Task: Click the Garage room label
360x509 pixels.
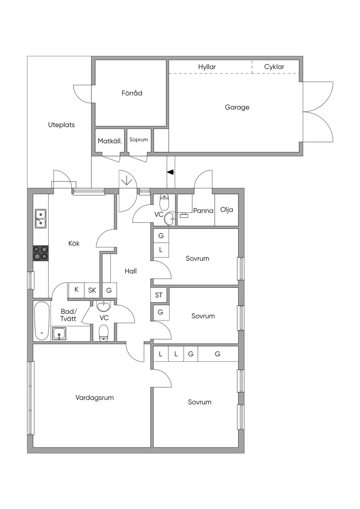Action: (237, 107)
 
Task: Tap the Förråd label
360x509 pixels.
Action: (132, 93)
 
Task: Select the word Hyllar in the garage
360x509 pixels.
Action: (207, 67)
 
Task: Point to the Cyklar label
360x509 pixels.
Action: (274, 67)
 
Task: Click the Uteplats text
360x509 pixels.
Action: (62, 125)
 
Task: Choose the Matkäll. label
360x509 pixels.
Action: (110, 141)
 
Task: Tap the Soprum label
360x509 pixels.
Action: (139, 140)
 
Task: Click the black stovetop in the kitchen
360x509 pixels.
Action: (41, 253)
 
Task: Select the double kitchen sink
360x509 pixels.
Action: (41, 219)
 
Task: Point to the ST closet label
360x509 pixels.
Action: (159, 295)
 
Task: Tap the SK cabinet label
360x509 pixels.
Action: (92, 290)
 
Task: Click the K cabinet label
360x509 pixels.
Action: (76, 290)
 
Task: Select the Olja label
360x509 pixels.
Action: (227, 210)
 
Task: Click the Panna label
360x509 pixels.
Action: (203, 211)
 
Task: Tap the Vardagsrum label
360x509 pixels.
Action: (95, 398)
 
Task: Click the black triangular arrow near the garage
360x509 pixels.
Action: (171, 172)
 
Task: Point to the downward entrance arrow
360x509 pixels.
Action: (127, 180)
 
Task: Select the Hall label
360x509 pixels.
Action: (131, 271)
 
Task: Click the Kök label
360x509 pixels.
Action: (74, 243)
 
